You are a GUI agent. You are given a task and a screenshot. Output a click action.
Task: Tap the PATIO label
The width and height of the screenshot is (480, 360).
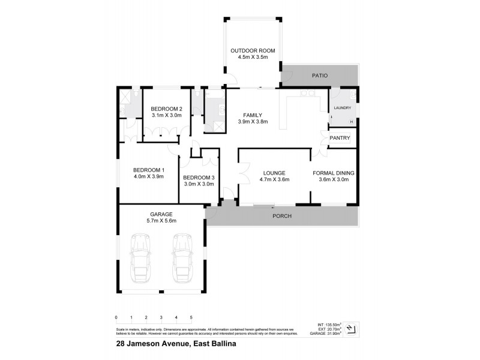coord(319,76)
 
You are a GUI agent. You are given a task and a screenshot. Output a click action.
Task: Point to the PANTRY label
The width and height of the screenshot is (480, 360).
coord(340,138)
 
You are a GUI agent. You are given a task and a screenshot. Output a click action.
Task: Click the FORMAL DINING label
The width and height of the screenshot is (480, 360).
coord(334,173)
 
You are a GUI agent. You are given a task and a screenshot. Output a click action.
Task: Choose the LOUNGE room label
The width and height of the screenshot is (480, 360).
coord(274,173)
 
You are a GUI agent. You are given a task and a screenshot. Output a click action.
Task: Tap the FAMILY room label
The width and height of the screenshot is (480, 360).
coord(252,115)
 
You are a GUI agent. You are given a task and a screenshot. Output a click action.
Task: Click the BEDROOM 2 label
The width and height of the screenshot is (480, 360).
coord(166,109)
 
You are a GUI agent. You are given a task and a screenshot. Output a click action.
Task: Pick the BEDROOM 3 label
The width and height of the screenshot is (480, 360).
coord(199,178)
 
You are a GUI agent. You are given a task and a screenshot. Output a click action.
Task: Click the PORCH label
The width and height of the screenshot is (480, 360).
coord(282,216)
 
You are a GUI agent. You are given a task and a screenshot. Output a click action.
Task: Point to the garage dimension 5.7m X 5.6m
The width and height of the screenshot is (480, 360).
coord(161,221)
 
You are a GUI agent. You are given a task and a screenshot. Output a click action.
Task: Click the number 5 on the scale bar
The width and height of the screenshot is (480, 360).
coord(191,317)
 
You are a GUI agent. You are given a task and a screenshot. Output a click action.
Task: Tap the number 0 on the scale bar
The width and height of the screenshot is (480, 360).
coord(116,317)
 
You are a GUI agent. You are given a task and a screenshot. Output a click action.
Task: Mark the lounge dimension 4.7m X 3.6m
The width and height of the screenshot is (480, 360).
coord(274,179)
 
